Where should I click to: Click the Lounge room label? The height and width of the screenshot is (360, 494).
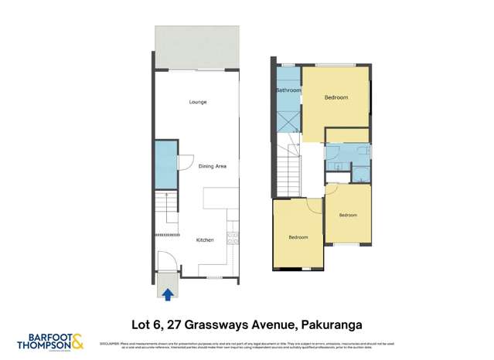(198, 102)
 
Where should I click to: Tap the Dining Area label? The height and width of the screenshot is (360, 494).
(212, 166)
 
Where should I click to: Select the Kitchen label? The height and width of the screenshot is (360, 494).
(204, 240)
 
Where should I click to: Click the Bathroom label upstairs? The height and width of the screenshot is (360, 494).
(288, 90)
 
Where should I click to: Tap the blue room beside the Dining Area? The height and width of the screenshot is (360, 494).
(164, 164)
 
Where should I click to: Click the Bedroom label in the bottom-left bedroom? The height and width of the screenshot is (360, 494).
(298, 237)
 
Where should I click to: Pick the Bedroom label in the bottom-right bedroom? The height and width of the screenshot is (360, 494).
(347, 216)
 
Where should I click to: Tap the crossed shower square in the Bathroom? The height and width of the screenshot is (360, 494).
(288, 121)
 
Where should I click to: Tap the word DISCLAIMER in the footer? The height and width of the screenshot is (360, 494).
(110, 344)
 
